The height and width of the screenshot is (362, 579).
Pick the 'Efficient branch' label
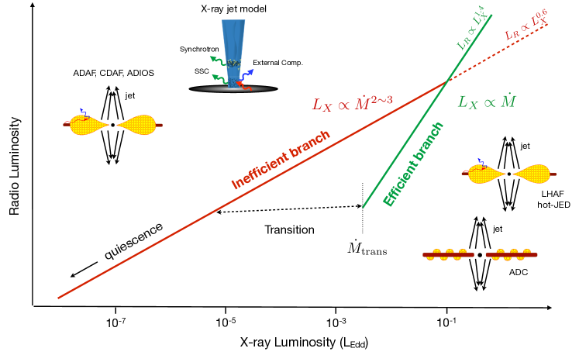[419, 163]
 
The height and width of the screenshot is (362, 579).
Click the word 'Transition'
[289, 229]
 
